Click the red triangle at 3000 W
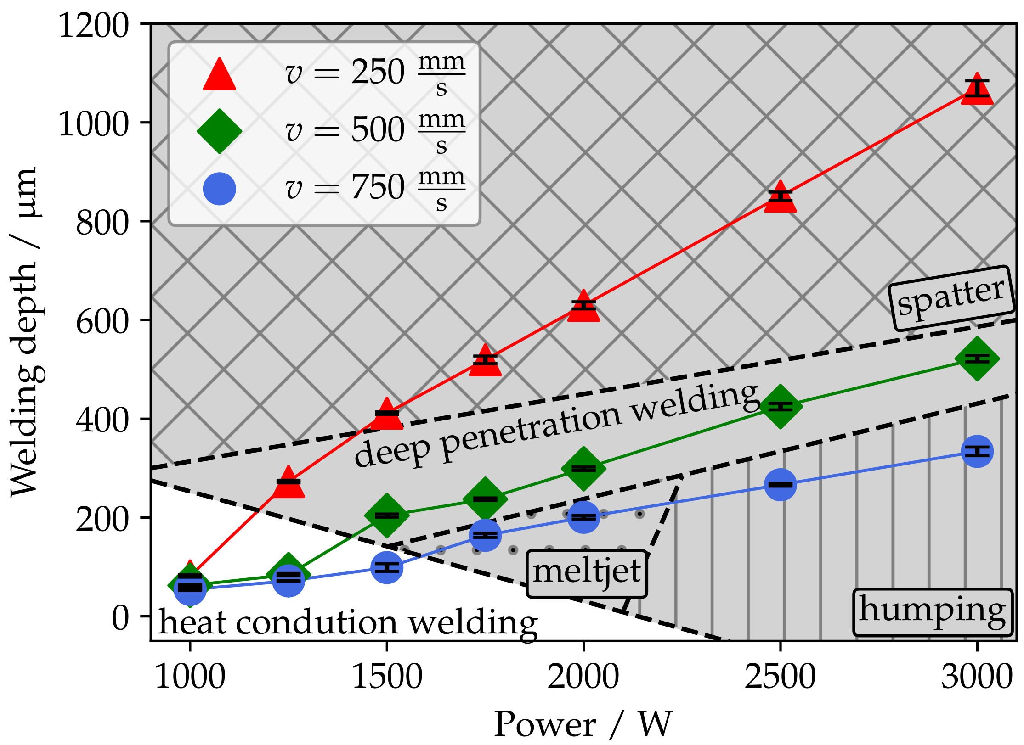click(x=977, y=90)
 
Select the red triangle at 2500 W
click(x=780, y=198)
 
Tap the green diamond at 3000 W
click(x=977, y=358)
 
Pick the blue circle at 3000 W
click(x=977, y=452)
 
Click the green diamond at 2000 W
click(x=583, y=469)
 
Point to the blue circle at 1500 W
click(x=387, y=568)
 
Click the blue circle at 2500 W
click(x=780, y=485)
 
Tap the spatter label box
click(x=951, y=297)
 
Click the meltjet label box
click(x=587, y=573)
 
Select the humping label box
click(x=933, y=612)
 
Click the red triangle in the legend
click(x=220, y=75)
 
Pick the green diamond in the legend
click(x=220, y=131)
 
